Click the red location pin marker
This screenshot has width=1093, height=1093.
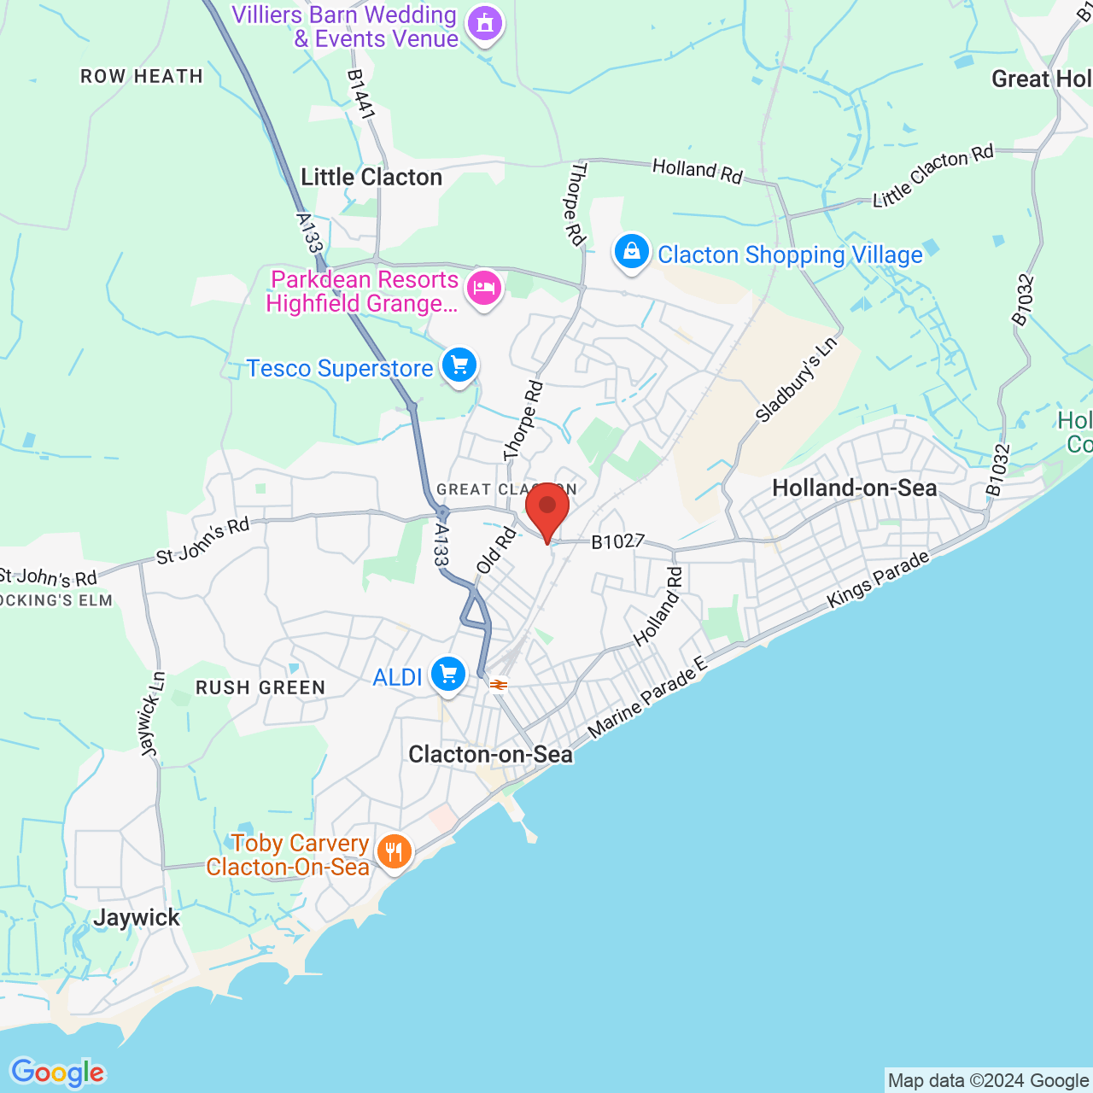pyautogui.click(x=547, y=510)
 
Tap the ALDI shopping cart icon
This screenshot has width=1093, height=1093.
pyautogui.click(x=448, y=675)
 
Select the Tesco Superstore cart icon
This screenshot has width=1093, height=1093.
pyautogui.click(x=459, y=366)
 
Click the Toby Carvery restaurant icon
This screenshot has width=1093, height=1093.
pyautogui.click(x=394, y=851)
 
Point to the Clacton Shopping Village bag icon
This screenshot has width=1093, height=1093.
pyautogui.click(x=632, y=253)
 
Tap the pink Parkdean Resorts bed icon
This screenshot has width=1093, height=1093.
pyautogui.click(x=484, y=289)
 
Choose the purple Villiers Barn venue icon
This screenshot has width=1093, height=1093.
pyautogui.click(x=485, y=24)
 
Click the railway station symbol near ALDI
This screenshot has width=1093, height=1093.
pyautogui.click(x=499, y=685)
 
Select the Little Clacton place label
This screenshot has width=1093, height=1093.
pyautogui.click(x=371, y=177)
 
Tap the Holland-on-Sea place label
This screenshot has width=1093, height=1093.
pyautogui.click(x=855, y=488)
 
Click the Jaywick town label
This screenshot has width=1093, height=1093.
pyautogui.click(x=137, y=918)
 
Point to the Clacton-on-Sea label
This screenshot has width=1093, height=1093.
pyautogui.click(x=490, y=754)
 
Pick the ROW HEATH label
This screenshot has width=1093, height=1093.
pyautogui.click(x=142, y=76)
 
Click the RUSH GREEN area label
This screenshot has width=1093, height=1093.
pyautogui.click(x=260, y=687)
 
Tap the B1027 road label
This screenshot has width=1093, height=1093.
pyautogui.click(x=617, y=541)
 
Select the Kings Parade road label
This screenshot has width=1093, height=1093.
pyautogui.click(x=878, y=580)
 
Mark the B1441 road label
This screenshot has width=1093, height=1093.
pyautogui.click(x=361, y=94)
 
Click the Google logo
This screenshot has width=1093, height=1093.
pyautogui.click(x=57, y=1073)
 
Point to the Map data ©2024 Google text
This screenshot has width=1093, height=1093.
pyautogui.click(x=988, y=1081)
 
